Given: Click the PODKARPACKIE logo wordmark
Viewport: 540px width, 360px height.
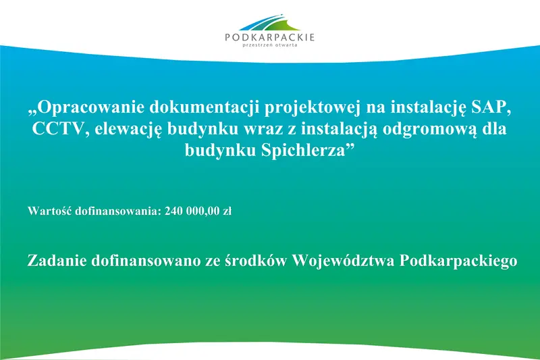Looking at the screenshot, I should [x=269, y=37].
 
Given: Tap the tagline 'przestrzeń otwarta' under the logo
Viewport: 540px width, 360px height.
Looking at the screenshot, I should [x=269, y=46].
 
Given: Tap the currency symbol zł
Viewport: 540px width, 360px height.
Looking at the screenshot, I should [x=227, y=211].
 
